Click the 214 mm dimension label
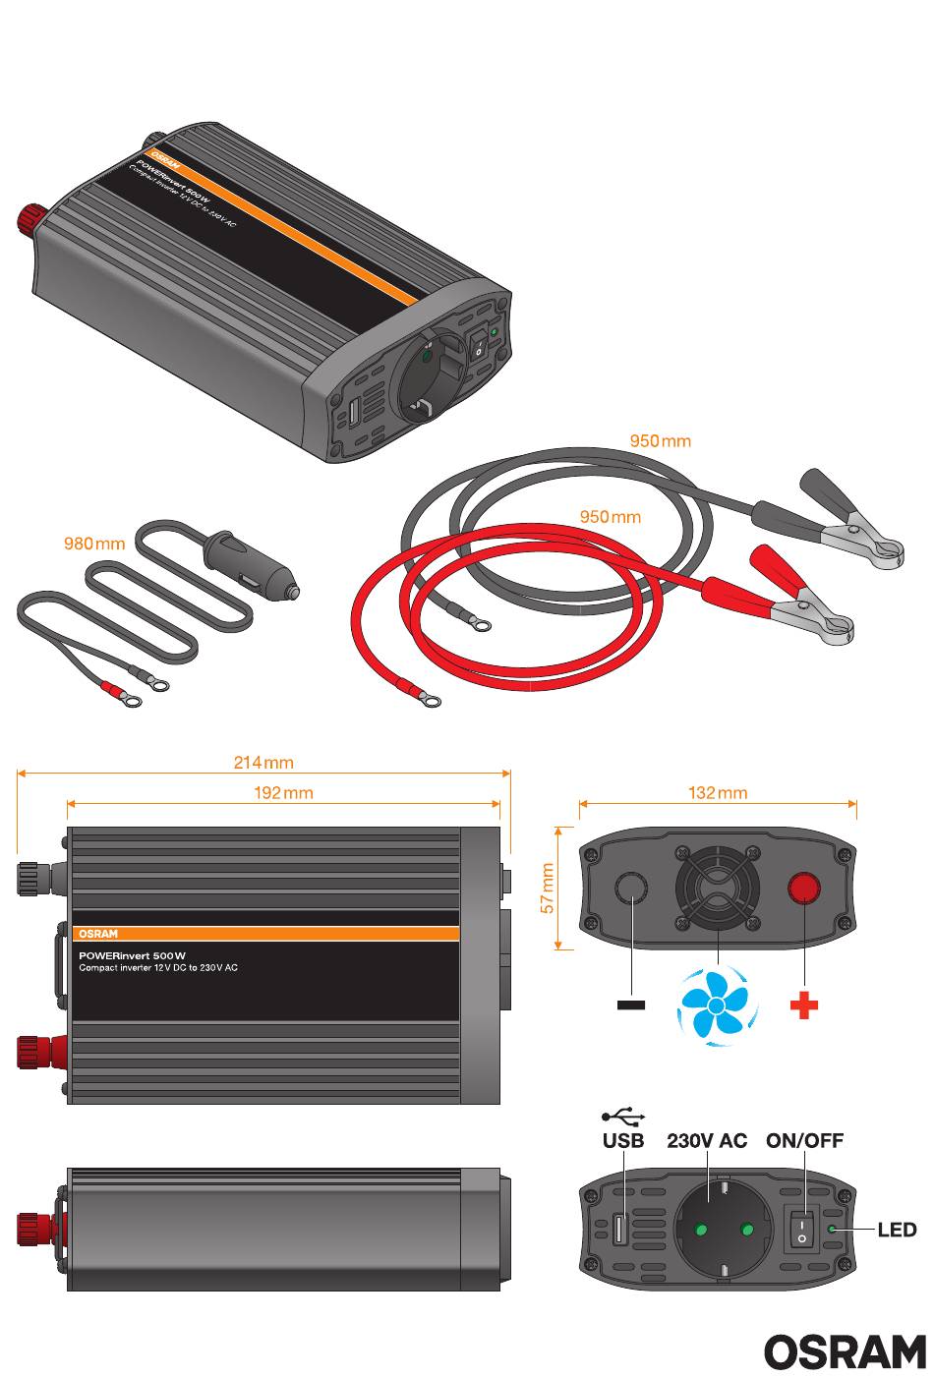click(x=263, y=762)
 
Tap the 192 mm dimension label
click(x=283, y=792)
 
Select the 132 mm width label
click(x=718, y=792)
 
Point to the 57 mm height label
click(x=549, y=889)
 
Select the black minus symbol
click(x=631, y=1005)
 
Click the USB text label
click(x=623, y=1141)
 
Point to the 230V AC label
click(x=707, y=1141)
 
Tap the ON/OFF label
click(x=804, y=1141)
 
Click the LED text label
click(x=897, y=1230)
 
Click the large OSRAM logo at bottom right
click(x=845, y=1351)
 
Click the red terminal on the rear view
click(x=804, y=890)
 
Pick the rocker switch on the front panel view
click(x=801, y=1229)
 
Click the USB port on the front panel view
click(x=620, y=1230)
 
